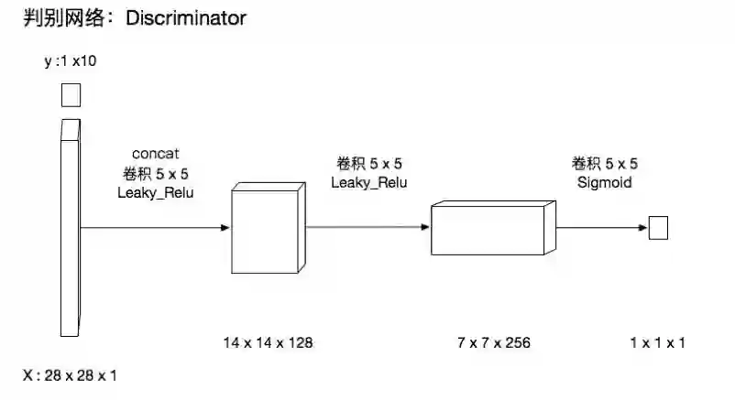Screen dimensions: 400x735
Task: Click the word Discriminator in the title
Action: (188, 18)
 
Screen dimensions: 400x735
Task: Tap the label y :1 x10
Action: (70, 61)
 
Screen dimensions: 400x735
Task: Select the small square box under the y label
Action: (70, 95)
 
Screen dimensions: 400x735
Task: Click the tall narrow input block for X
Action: (70, 229)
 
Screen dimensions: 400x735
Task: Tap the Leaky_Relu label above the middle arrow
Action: (368, 182)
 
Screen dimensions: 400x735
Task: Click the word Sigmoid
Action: (605, 182)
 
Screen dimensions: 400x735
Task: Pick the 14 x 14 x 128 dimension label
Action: (268, 343)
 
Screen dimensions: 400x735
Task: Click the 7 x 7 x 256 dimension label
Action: (494, 343)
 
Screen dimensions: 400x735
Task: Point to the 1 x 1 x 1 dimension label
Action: (657, 343)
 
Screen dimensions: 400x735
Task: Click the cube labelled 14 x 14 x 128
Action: (266, 229)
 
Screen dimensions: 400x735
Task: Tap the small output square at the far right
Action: (658, 228)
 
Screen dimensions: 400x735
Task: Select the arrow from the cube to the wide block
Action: (367, 227)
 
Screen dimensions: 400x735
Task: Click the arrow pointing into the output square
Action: (601, 228)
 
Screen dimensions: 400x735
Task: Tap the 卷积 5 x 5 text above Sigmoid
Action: (605, 164)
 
